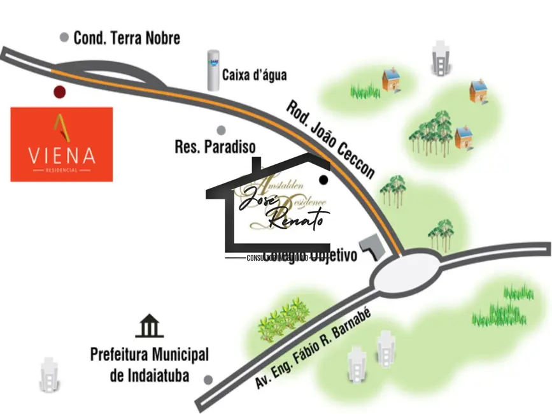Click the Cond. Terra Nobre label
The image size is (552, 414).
[127, 38]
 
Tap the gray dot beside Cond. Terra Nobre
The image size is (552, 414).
[64, 38]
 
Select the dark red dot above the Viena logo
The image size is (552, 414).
[59, 92]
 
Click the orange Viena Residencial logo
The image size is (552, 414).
[62, 144]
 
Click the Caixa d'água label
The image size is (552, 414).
[254, 75]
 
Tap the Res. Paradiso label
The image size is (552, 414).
[215, 147]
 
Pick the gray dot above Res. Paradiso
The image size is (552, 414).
[221, 131]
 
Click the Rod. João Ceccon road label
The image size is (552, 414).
[330, 139]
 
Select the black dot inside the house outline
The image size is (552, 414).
[324, 180]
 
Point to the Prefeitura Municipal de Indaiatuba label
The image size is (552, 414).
[149, 364]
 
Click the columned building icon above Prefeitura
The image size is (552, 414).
[150, 326]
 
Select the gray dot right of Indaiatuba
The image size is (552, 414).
[208, 380]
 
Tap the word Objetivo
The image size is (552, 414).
[332, 256]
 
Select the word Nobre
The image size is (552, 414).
[161, 38]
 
